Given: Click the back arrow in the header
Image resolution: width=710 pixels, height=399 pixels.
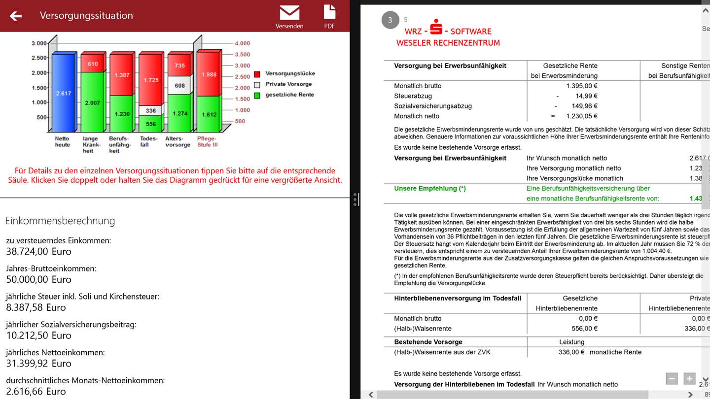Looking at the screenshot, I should [x=16, y=16].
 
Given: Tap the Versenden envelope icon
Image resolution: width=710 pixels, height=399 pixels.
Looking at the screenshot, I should [x=289, y=12].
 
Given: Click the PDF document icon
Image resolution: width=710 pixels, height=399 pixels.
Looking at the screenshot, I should [x=329, y=12].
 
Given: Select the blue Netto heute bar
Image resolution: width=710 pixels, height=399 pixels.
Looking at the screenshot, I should [x=63, y=93].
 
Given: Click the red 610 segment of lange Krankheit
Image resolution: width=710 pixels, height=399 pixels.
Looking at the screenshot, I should [x=93, y=64].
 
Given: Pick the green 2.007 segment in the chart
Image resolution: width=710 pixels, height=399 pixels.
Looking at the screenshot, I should [x=93, y=102].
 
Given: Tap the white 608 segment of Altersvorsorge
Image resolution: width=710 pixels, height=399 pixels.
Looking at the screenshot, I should [x=179, y=85].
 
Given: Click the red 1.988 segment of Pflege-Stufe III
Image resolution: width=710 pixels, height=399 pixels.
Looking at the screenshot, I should [x=208, y=74].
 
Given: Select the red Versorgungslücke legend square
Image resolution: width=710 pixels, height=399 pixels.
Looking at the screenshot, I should [x=257, y=74].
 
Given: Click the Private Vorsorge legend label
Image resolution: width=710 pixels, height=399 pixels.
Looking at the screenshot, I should [x=288, y=84].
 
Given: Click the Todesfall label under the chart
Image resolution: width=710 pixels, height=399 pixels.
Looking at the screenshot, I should [x=148, y=142].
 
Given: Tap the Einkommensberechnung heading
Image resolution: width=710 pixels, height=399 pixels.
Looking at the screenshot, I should [x=60, y=221].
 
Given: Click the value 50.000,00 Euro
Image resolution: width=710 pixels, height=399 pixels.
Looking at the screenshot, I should [x=39, y=279].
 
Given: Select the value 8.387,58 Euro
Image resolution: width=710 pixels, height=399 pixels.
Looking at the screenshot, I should [x=36, y=307].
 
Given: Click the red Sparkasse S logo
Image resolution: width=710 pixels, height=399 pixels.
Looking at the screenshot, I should [x=435, y=27].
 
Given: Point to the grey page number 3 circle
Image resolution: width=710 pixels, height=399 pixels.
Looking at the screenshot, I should [x=390, y=20].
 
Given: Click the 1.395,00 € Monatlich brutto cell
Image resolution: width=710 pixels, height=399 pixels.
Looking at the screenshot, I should [x=582, y=86].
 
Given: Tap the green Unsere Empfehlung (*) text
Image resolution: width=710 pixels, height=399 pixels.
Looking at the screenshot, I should [x=430, y=188].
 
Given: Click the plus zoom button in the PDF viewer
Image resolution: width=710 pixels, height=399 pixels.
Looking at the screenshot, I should [x=689, y=378].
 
